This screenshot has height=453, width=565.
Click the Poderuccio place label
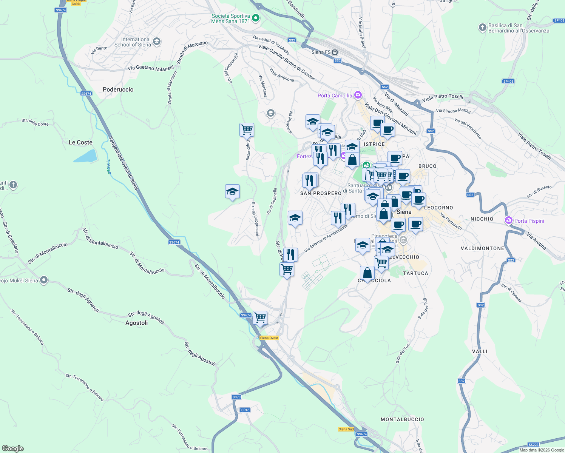(x=118, y=89)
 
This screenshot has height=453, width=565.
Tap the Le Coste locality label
(x=80, y=142)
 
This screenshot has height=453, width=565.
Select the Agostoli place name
(x=136, y=323)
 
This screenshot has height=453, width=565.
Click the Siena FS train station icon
(x=335, y=52)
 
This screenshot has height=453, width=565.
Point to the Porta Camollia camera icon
(x=358, y=95)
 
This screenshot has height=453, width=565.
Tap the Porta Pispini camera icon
(x=509, y=220)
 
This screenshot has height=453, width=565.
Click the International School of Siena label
(x=133, y=42)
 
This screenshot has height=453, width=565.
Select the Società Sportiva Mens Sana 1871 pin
(x=256, y=18)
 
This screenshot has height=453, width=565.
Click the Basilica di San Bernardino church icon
(x=482, y=28)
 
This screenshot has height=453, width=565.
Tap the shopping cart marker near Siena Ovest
(x=260, y=317)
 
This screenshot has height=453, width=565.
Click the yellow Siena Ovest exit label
(x=269, y=338)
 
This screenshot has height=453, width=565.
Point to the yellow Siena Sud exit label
(x=346, y=429)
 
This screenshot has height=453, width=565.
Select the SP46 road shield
(x=245, y=410)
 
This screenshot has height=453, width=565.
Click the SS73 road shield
(x=236, y=397)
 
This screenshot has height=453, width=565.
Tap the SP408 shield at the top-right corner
(x=559, y=20)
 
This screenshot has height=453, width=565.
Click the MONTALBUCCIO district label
(x=402, y=419)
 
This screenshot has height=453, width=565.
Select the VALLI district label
(x=480, y=351)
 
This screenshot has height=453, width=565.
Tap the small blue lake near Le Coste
(x=85, y=156)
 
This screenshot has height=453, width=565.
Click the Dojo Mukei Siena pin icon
(x=44, y=280)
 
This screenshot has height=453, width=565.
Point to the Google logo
(x=13, y=448)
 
